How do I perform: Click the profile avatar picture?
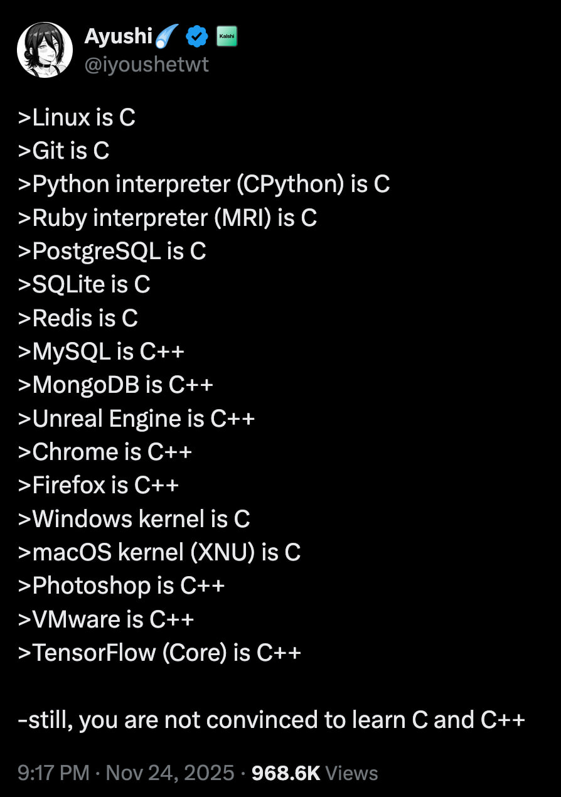click(x=45, y=50)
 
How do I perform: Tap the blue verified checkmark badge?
click(x=197, y=38)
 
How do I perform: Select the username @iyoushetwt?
click(x=146, y=64)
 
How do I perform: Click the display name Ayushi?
click(x=117, y=37)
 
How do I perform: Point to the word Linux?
click(x=61, y=117)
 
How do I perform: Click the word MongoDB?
click(x=85, y=385)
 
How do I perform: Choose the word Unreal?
click(x=67, y=419)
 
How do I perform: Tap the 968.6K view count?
click(x=286, y=773)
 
